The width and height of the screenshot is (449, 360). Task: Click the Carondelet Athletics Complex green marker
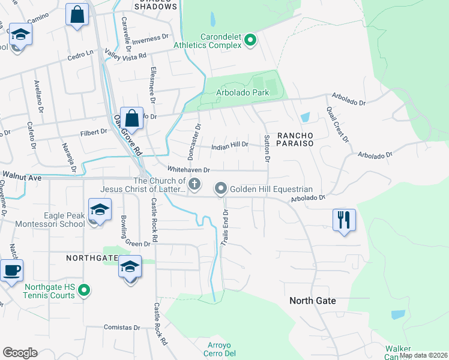[x=251, y=40]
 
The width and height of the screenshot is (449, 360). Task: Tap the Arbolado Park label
[x=243, y=93]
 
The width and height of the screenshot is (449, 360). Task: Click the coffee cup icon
[x=11, y=269]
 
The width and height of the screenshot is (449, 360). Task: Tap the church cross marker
[x=194, y=184]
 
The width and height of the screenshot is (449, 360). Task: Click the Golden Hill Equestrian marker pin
[x=221, y=189]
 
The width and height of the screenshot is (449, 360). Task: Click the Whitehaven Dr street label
[x=188, y=170]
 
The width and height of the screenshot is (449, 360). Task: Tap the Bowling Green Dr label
[x=130, y=232]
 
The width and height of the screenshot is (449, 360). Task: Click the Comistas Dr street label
[x=121, y=328]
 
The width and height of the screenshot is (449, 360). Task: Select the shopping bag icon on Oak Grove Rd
[x=131, y=118]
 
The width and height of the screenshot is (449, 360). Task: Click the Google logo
[x=20, y=353]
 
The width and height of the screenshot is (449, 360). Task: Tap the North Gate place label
[x=312, y=301]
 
